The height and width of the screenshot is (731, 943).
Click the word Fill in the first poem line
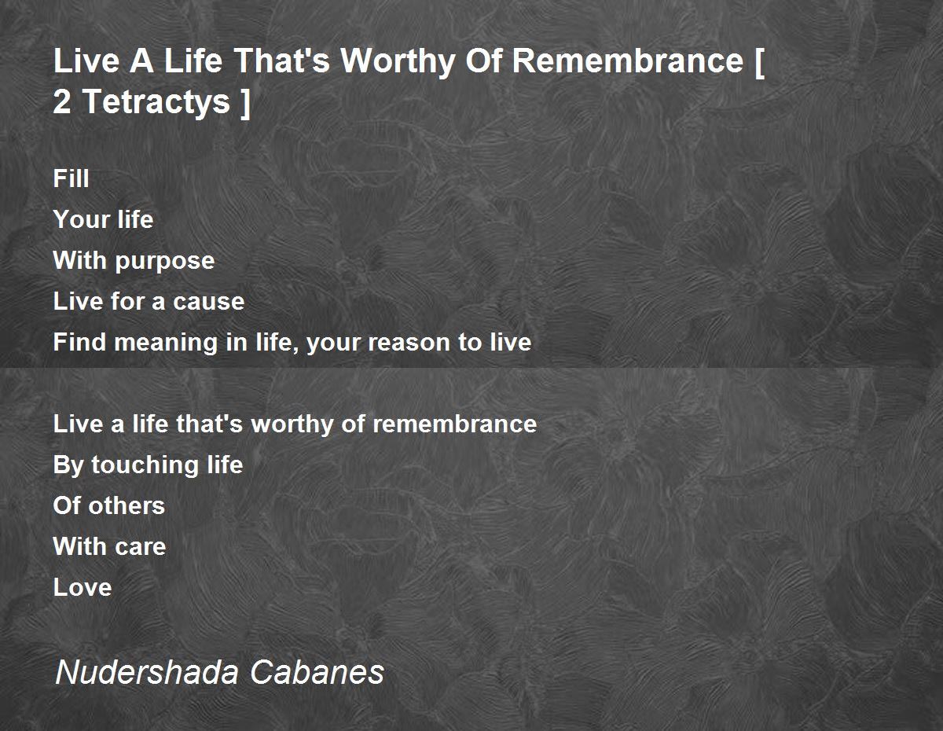coord(72,178)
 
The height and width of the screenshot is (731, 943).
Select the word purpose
coord(165,262)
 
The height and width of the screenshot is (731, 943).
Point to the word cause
coord(209,302)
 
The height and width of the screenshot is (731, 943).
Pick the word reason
coord(409,343)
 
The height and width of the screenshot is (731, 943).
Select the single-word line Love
coord(83,587)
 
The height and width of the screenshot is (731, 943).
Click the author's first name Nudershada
coord(147,672)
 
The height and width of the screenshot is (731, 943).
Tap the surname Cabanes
coord(317,672)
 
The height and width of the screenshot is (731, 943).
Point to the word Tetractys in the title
coord(156,102)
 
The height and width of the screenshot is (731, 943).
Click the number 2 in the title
coord(62,102)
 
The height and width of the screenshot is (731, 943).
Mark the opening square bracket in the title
coord(759,63)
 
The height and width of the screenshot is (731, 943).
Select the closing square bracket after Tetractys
coord(245,103)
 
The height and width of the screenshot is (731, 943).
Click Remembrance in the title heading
coord(628,61)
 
